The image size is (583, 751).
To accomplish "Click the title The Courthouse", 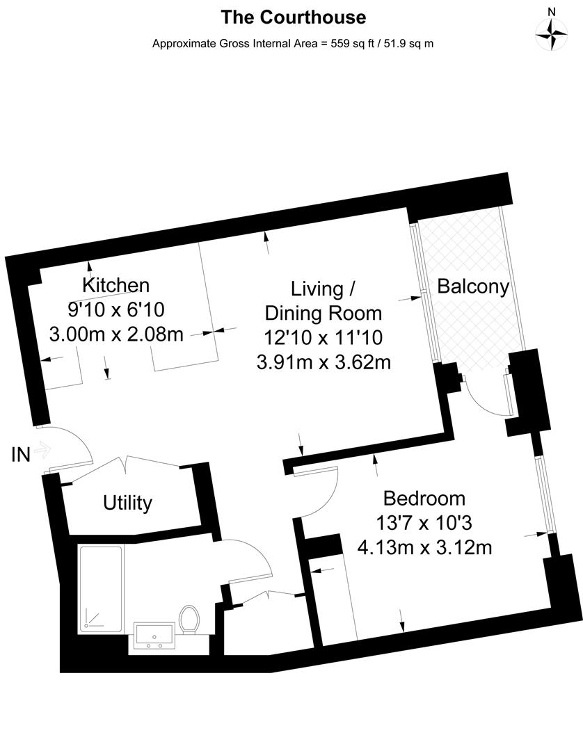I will tap(293, 17).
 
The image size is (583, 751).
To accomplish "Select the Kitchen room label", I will tap(115, 285).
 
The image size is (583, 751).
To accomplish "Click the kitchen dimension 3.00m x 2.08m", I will tap(116, 334).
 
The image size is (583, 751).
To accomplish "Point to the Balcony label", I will tap(473, 286).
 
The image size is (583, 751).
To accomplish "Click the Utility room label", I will tap(127, 503).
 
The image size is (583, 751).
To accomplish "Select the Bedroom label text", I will tap(424, 499).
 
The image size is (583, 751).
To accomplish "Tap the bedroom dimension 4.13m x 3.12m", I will tap(424, 548).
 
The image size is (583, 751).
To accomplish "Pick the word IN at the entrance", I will tap(21, 455).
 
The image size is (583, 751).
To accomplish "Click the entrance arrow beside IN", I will tap(42, 451).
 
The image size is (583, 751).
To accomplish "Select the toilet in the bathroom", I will tap(189, 618).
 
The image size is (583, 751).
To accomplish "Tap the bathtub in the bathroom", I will tap(101, 588).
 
